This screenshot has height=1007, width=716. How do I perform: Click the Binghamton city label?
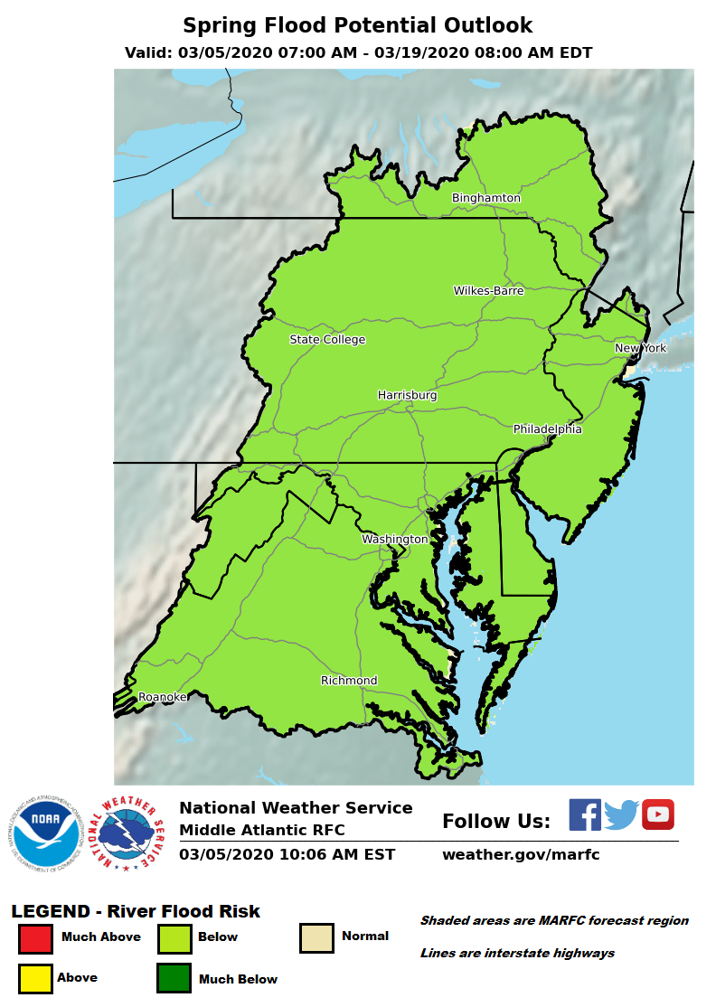tap(486, 198)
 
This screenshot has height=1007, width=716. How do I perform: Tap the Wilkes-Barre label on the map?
tap(488, 291)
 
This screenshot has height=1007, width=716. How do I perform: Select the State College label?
tap(327, 340)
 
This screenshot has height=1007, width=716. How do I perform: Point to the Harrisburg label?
tap(407, 396)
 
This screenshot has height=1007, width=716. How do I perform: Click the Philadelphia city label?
tap(547, 429)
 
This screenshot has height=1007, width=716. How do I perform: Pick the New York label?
tap(640, 349)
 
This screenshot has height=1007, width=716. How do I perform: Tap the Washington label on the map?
tap(395, 540)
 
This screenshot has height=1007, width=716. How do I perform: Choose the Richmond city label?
tap(349, 681)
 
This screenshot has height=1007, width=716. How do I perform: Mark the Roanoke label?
tap(163, 697)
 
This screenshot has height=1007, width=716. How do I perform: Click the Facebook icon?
tap(585, 814)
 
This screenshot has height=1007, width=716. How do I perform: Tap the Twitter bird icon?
tap(621, 814)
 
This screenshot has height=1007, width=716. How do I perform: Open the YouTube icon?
tap(658, 814)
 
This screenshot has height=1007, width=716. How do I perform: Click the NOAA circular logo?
tap(46, 833)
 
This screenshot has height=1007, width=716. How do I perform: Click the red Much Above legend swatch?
tap(35, 938)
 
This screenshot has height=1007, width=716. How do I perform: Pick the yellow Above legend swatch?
tap(35, 978)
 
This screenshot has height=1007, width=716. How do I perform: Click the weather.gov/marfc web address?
tap(520, 854)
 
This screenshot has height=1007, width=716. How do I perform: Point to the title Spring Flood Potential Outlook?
tap(358, 25)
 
